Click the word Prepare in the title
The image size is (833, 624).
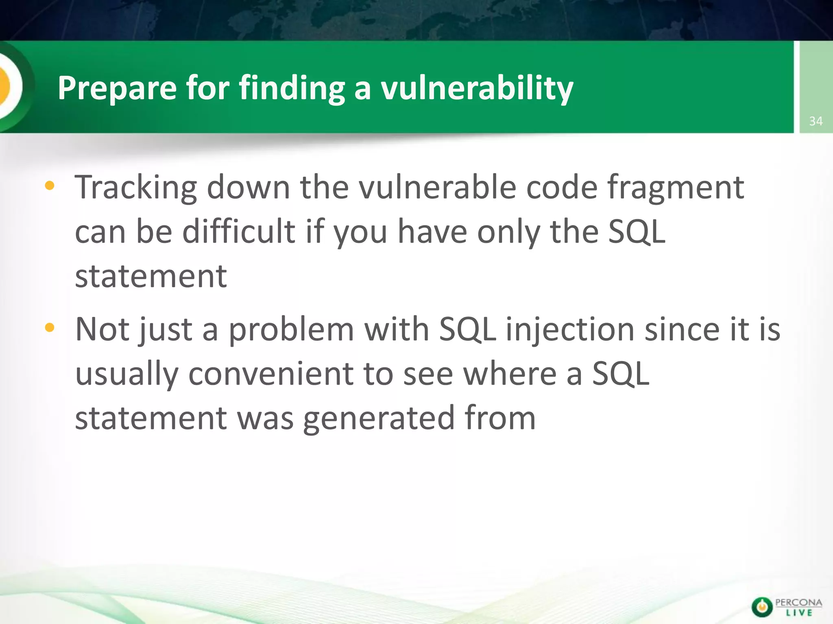tap(117, 88)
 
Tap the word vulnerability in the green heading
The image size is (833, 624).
tap(477, 88)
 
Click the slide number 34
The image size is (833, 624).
tap(816, 121)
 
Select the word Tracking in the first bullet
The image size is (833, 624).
tap(136, 188)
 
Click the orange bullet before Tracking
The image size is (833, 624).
tap(50, 186)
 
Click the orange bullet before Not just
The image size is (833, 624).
tap(50, 327)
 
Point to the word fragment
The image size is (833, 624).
tap(676, 188)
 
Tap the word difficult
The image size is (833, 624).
tap(238, 232)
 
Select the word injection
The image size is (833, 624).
tap(570, 329)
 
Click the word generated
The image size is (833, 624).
tap(379, 418)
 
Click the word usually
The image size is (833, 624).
tap(126, 374)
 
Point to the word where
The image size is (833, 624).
tap(510, 374)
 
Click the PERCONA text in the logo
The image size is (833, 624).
tap(798, 602)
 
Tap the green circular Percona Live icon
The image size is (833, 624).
tap(762, 607)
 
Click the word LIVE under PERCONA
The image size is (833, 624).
tap(799, 613)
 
